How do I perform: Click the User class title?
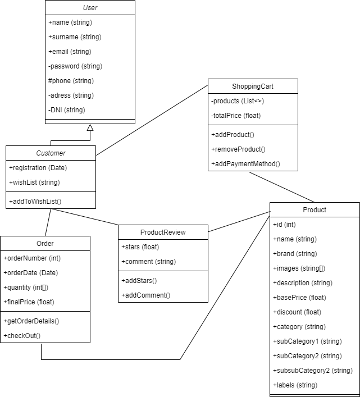coord(90,8)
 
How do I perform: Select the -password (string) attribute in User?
coord(75,66)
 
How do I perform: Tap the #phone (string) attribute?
coord(71,81)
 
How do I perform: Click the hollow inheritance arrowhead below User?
coord(90,128)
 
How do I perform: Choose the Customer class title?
coord(51,153)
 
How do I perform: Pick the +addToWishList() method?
coord(35,201)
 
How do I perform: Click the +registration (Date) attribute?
coord(38,167)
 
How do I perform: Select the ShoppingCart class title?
coord(253,86)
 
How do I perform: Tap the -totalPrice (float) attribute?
coord(236,116)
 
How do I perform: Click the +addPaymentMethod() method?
coord(245,164)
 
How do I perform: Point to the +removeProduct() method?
coord(238,149)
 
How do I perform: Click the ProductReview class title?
coord(163,232)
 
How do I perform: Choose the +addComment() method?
coord(145,295)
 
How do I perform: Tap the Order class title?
coord(45,244)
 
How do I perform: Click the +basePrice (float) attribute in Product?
coord(299,298)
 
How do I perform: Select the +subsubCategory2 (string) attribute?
coord(312,371)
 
